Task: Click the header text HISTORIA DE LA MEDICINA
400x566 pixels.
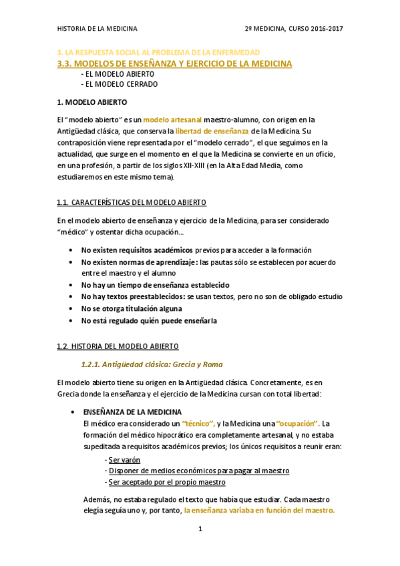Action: (97, 29)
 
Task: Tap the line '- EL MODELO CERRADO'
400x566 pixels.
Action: (119, 85)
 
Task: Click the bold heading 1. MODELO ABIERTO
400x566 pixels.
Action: (91, 102)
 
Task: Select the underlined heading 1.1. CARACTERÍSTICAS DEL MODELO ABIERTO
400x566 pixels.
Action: (132, 202)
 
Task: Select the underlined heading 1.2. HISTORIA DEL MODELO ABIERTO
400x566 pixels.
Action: (118, 347)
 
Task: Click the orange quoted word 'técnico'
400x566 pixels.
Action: (198, 424)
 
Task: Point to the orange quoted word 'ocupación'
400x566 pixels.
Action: (298, 424)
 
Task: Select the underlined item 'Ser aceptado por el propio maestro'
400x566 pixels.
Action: (166, 482)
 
